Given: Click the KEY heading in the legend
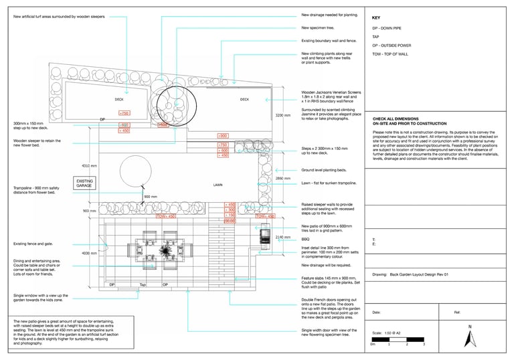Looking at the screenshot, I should [376, 18].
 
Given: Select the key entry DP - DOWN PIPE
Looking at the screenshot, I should [388, 28].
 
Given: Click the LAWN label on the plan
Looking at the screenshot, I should [218, 185].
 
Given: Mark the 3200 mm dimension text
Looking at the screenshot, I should [283, 115].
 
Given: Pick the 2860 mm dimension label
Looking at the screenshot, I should [283, 179].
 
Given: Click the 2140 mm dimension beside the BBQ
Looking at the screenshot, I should [282, 237].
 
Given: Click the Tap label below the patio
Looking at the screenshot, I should [142, 285].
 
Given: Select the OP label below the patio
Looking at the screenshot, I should [165, 285].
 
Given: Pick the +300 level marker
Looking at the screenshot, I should [223, 136].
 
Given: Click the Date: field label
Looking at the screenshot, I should [377, 312].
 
